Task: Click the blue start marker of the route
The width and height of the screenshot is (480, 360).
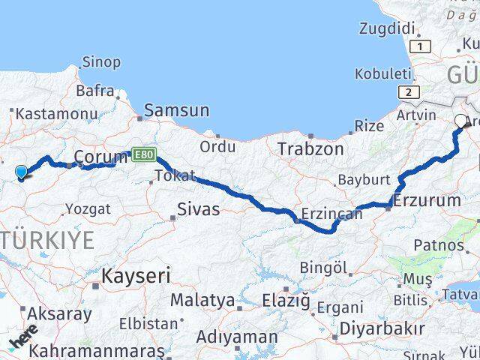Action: coord(21,172)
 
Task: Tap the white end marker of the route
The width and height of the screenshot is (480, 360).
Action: coord(460,119)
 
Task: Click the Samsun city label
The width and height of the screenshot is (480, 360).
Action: coord(177,111)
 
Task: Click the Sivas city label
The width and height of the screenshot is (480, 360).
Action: coord(199,208)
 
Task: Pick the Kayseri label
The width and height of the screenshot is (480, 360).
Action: coord(136,275)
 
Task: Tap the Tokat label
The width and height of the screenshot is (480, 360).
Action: coord(175,176)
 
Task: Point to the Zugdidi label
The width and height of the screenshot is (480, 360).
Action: coord(387,29)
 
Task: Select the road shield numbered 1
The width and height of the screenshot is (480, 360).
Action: coord(423,46)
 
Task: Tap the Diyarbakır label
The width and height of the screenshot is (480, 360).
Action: coord(382,328)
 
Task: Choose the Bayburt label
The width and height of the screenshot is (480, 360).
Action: coord(364,180)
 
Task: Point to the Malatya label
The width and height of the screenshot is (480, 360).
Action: coord(202,300)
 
